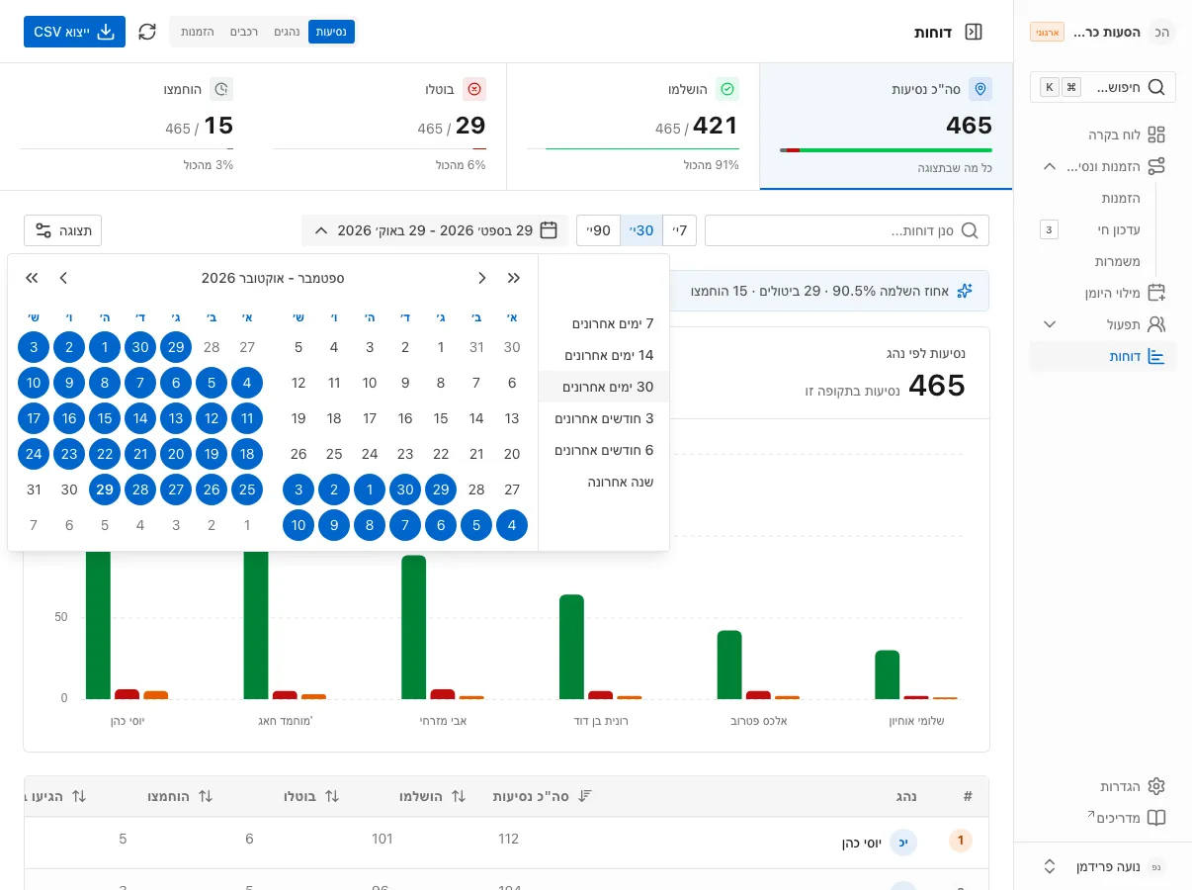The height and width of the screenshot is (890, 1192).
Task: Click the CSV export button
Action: (x=74, y=32)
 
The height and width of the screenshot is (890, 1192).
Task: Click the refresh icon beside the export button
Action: (x=147, y=32)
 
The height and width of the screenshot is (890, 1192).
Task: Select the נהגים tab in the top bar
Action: (x=287, y=32)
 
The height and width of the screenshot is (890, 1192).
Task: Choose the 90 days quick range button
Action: (x=598, y=230)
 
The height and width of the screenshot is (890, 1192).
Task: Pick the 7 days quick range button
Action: (x=679, y=230)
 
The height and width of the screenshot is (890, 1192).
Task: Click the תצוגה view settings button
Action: (x=62, y=230)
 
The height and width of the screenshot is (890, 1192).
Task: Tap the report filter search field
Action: (x=847, y=230)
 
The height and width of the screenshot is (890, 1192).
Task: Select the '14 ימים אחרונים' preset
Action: (x=609, y=355)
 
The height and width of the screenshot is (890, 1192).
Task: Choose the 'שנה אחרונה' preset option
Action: (x=620, y=482)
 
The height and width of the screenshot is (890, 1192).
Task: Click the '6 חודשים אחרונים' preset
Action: (x=604, y=450)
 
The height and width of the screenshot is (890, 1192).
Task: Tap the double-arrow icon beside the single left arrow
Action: (x=32, y=278)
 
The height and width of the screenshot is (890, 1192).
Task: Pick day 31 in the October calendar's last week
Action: (x=34, y=489)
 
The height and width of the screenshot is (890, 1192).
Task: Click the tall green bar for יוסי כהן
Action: (x=98, y=625)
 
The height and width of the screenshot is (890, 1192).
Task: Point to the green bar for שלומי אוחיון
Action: (x=888, y=674)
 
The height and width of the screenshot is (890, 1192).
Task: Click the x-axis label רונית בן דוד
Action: (x=601, y=721)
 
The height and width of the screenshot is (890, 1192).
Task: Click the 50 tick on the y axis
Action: (x=61, y=617)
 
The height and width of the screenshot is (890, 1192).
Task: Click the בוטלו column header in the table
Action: (x=311, y=796)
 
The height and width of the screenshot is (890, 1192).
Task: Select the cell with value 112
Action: (x=508, y=839)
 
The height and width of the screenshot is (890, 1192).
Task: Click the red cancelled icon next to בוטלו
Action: (x=474, y=89)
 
